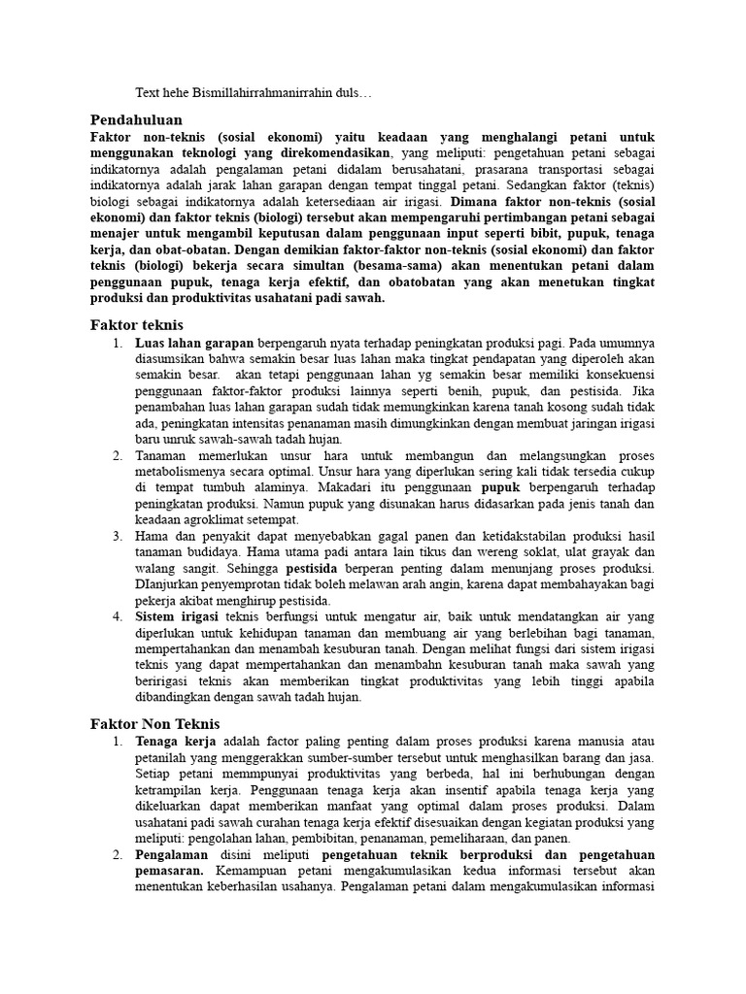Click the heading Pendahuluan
point(136,119)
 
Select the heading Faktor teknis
point(136,325)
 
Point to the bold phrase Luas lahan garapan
point(194,344)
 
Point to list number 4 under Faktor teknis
point(117,616)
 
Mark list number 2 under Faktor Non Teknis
point(117,855)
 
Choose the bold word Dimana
point(471,201)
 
